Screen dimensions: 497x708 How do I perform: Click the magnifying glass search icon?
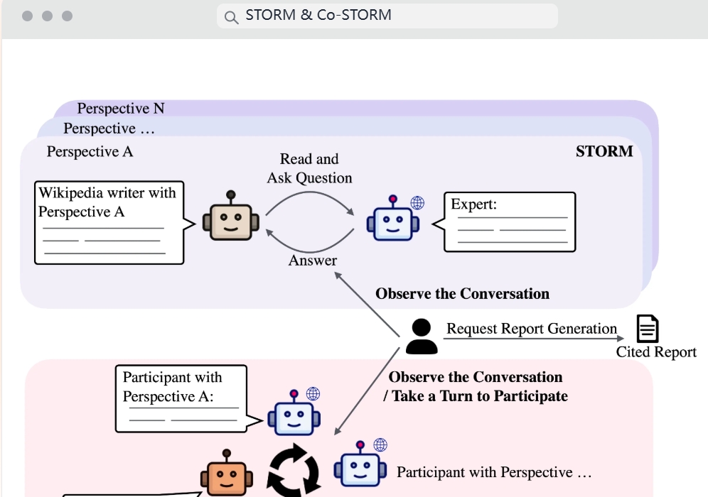231,16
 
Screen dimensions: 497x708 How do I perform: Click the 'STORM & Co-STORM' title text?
318,15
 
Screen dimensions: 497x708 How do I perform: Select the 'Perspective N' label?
121,109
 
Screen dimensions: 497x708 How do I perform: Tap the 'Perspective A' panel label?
90,151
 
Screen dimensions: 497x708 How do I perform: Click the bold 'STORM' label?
604,151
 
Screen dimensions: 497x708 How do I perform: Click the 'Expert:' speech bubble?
509,222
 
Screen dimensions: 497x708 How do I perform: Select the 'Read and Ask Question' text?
309,168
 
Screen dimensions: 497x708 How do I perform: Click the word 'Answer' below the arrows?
313,261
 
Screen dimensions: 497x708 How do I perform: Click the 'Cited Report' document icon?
647,329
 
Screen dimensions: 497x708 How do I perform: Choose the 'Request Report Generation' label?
532,329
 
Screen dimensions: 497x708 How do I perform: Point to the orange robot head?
226,475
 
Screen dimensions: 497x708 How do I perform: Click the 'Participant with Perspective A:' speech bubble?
181,398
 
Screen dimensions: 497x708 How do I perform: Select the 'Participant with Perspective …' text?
494,472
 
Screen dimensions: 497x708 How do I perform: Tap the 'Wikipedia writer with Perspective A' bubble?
109,222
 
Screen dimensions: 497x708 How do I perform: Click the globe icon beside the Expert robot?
417,203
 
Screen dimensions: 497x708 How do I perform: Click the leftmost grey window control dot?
27,16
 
